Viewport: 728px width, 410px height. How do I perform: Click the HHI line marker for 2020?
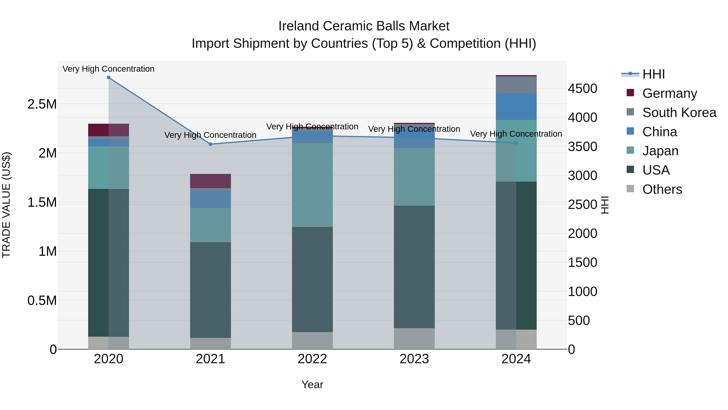(109, 78)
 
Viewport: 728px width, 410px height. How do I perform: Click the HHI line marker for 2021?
(210, 144)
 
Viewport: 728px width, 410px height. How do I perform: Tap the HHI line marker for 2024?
(516, 143)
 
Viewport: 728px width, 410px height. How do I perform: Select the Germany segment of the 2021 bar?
(210, 181)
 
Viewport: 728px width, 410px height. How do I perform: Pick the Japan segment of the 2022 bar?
(312, 185)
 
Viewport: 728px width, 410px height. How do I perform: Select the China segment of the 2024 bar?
(516, 107)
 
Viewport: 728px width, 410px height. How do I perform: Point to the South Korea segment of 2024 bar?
(516, 85)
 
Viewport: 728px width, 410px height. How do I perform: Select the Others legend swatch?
(630, 189)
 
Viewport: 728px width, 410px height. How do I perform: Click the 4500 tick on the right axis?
(582, 88)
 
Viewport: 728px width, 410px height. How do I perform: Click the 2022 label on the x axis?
(312, 359)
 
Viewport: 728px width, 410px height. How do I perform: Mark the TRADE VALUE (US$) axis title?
(6, 205)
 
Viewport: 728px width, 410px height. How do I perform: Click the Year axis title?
(312, 384)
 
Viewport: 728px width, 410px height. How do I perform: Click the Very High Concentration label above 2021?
(210, 135)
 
